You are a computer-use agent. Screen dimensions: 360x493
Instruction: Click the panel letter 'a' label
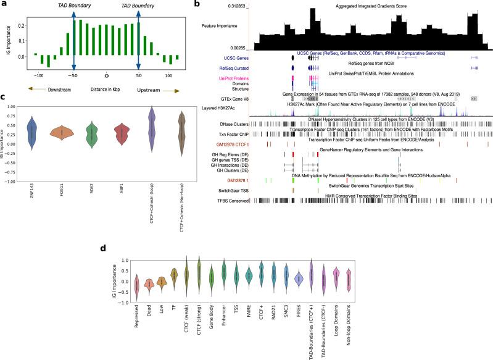tap(4, 4)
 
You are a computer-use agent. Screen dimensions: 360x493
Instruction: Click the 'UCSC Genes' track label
tap(228, 56)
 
